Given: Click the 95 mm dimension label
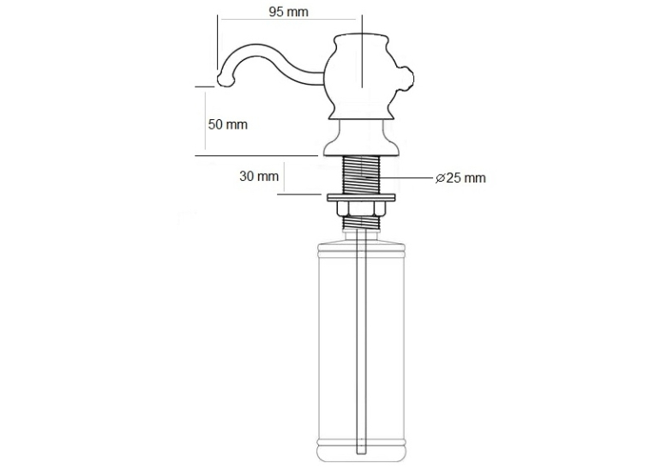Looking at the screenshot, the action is pyautogui.click(x=288, y=12).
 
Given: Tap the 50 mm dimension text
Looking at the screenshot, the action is pyautogui.click(x=228, y=124).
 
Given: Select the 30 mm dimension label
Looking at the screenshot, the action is pyautogui.click(x=259, y=176).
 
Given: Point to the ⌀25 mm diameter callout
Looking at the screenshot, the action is pyautogui.click(x=460, y=177).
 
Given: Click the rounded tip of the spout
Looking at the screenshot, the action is pyautogui.click(x=224, y=80).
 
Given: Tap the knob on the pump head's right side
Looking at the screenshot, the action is pyautogui.click(x=406, y=78).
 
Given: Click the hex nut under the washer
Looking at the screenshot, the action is pyautogui.click(x=361, y=208).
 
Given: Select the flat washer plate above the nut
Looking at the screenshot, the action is pyautogui.click(x=361, y=196).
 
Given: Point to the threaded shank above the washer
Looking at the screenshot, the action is pyautogui.click(x=361, y=174).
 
